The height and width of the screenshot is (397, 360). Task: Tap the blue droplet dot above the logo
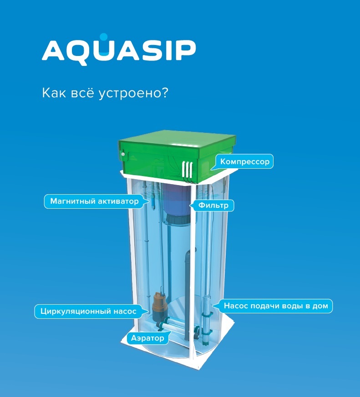tap(103, 37)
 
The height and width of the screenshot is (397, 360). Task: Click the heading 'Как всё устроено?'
tap(105, 93)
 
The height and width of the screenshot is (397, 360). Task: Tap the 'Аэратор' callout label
tap(148, 338)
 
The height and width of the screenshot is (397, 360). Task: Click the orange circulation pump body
tap(158, 304)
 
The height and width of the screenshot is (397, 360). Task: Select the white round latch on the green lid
tap(123, 154)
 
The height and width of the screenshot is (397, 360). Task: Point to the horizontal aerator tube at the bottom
tap(177, 325)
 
